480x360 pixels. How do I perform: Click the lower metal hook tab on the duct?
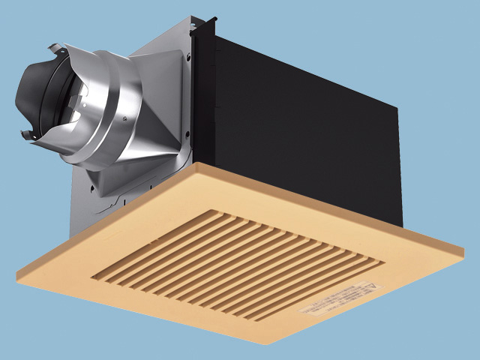[x=27, y=135]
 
